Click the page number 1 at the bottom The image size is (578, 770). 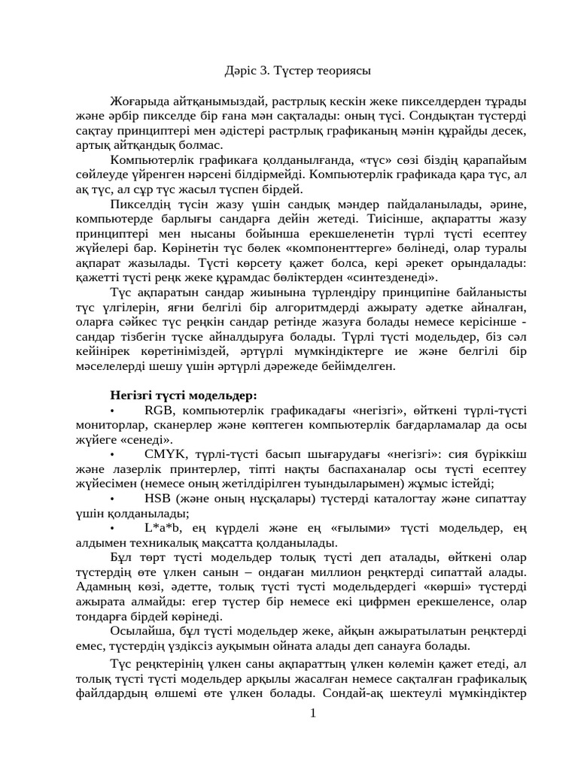point(313,713)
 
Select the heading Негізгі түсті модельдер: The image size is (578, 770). point(184,395)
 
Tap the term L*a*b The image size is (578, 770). point(162,528)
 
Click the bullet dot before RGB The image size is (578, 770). point(112,411)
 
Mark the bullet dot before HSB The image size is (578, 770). point(112,499)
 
